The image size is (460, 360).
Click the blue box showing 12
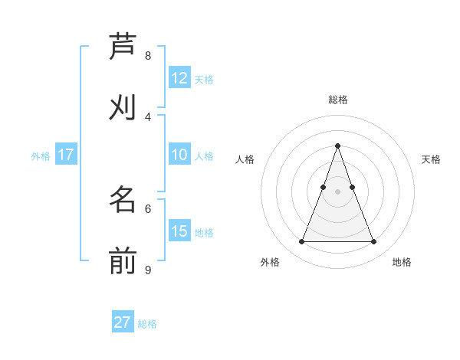[179, 77]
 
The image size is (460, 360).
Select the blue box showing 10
[179, 155]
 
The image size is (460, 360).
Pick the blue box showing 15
[179, 231]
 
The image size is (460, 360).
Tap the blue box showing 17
[65, 155]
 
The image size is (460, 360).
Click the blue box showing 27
[122, 322]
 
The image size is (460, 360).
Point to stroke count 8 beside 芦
[148, 55]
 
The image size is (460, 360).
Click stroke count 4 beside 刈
[148, 116]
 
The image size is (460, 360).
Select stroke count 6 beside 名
[148, 208]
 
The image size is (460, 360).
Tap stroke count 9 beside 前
[148, 270]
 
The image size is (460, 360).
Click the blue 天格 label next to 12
[204, 79]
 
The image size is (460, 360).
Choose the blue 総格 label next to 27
[147, 324]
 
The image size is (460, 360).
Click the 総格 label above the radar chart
[337, 100]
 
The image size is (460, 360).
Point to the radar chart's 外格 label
[270, 262]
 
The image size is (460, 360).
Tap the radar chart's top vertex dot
[337, 146]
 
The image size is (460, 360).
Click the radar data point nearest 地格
[373, 242]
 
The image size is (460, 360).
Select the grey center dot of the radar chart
[337, 191]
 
